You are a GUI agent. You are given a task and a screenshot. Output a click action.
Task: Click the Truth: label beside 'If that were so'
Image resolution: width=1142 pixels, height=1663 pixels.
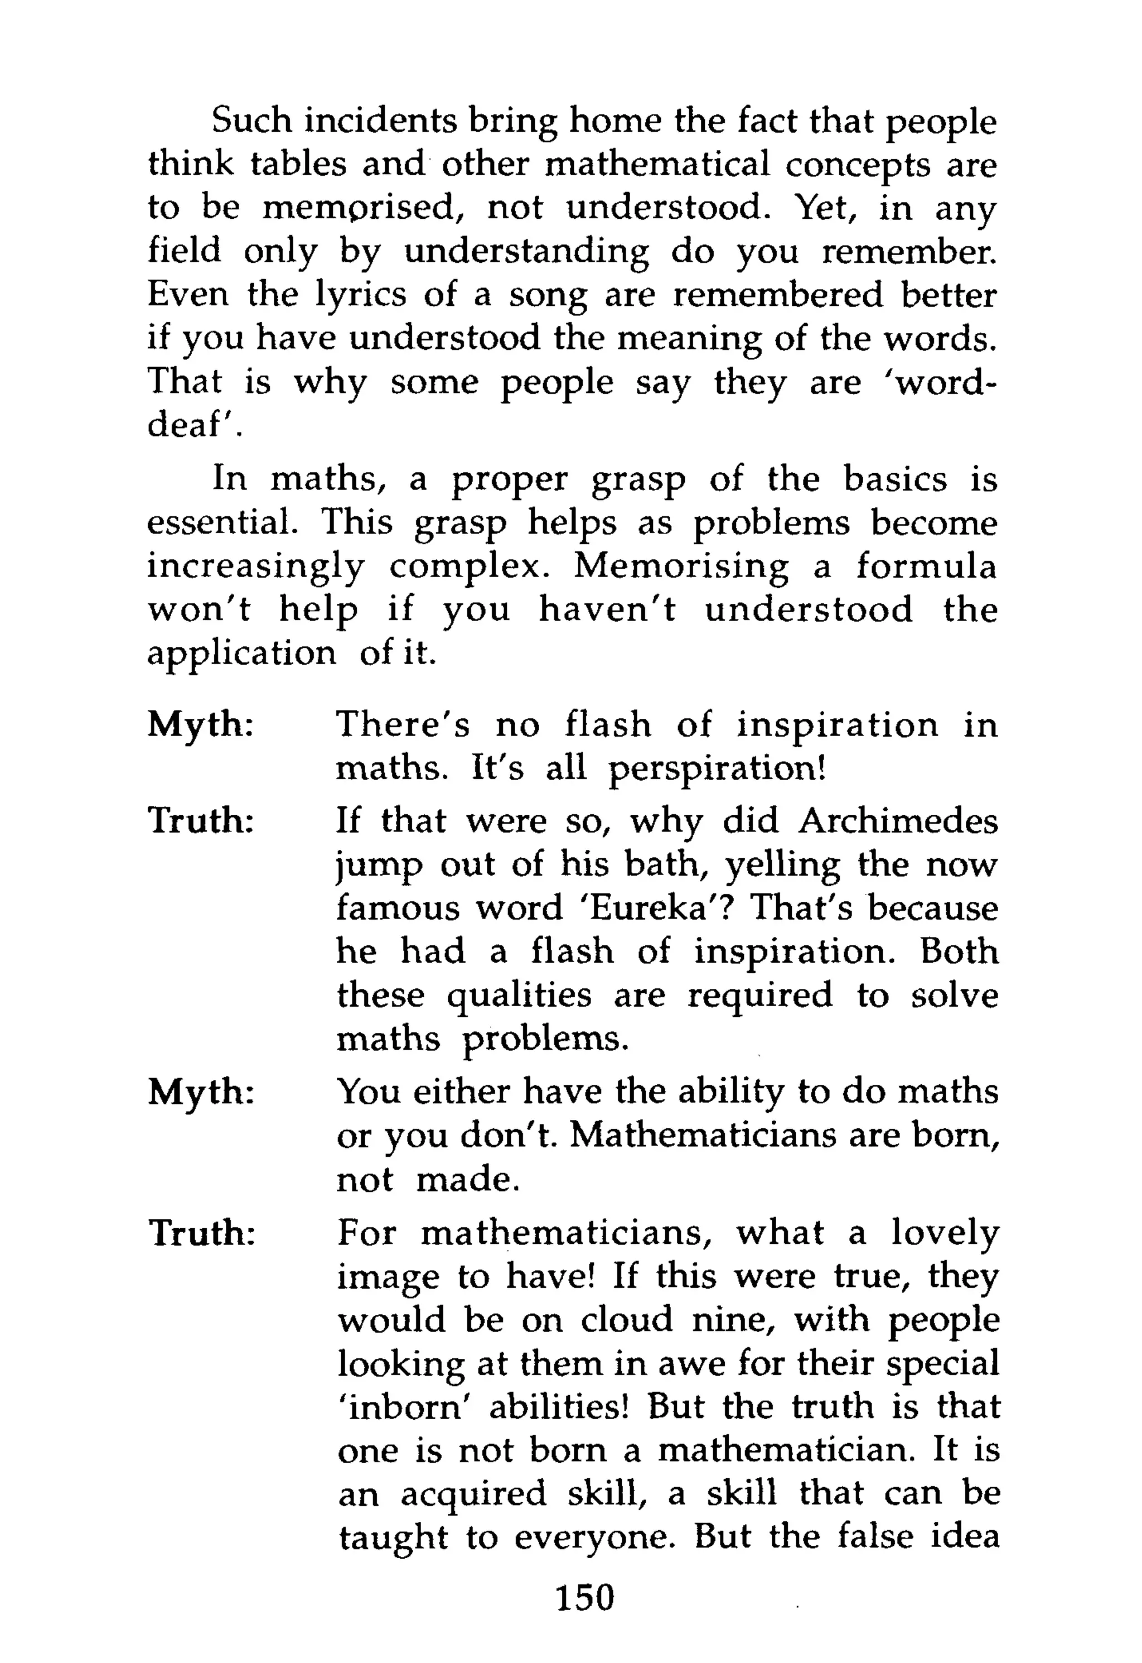tap(201, 820)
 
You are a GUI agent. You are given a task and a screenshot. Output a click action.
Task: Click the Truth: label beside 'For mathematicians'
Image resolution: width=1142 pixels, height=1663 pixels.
tap(201, 1233)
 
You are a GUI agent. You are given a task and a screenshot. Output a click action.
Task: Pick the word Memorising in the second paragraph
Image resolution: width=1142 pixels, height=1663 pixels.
tap(681, 567)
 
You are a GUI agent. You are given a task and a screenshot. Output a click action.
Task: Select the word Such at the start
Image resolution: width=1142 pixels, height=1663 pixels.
tap(252, 122)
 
